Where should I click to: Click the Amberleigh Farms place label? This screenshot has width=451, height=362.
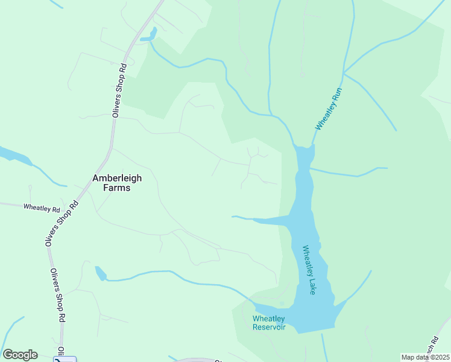[111, 183]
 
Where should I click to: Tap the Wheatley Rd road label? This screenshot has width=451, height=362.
[42, 208]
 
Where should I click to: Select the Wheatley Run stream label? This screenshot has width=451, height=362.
[329, 109]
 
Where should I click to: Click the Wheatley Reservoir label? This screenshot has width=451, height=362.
[269, 323]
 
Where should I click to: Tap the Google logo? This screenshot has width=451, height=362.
[20, 355]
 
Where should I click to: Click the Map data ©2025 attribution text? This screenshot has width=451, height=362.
[426, 357]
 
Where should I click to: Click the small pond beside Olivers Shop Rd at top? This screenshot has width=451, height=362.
[148, 36]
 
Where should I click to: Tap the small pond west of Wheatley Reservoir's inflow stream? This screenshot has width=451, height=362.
[100, 274]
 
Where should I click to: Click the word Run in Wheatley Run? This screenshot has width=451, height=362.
[336, 96]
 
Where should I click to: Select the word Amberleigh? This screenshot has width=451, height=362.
[111, 178]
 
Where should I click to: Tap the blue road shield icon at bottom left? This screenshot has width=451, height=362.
[65, 359]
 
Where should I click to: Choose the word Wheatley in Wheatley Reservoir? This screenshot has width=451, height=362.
[269, 319]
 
